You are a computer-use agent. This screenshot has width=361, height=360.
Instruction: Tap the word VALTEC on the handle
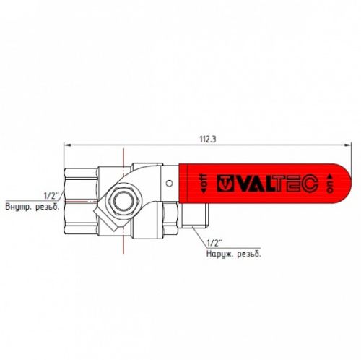tap(273, 184)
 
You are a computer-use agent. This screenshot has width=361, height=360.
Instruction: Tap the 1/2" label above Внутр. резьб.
tap(51, 196)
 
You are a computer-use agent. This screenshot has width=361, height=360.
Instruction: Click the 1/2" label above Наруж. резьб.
tap(214, 242)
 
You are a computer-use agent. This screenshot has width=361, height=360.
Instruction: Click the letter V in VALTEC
tap(243, 184)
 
